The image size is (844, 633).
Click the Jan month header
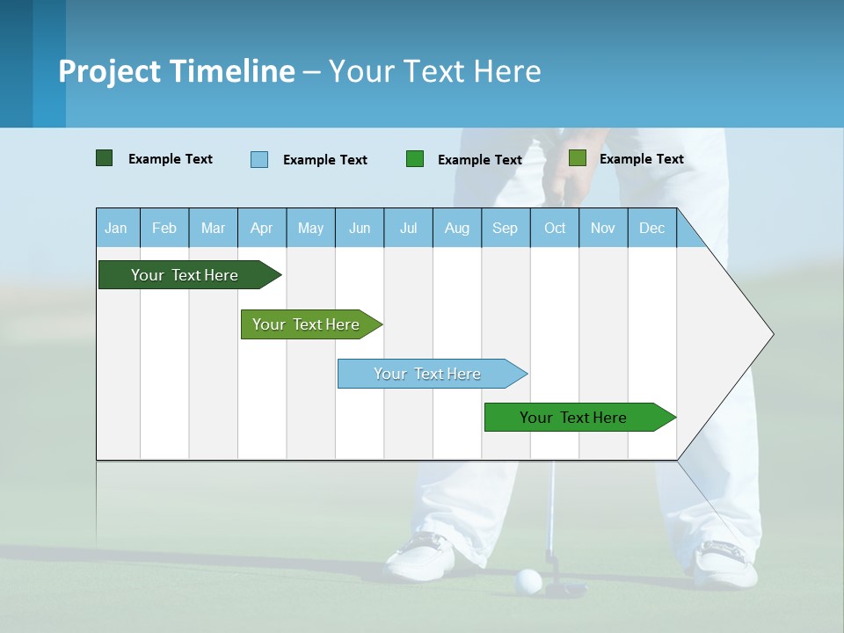coord(117,228)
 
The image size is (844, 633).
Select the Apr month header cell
coord(262,228)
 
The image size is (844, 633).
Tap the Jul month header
coord(408,228)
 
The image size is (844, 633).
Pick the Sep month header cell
coord(506,228)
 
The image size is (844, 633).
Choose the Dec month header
coord(651,228)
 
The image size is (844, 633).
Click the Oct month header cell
coord(555,228)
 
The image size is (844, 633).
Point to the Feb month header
coord(164,228)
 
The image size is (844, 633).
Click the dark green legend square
coord(104,158)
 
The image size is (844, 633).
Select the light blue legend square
coord(259,159)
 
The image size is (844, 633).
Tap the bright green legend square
coord(415,159)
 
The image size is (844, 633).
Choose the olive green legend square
coord(578,158)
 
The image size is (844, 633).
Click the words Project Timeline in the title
coord(177,71)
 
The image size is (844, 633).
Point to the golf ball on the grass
coord(528,580)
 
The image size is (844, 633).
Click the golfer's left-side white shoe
coord(422,556)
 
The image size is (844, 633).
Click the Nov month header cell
coord(603,228)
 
